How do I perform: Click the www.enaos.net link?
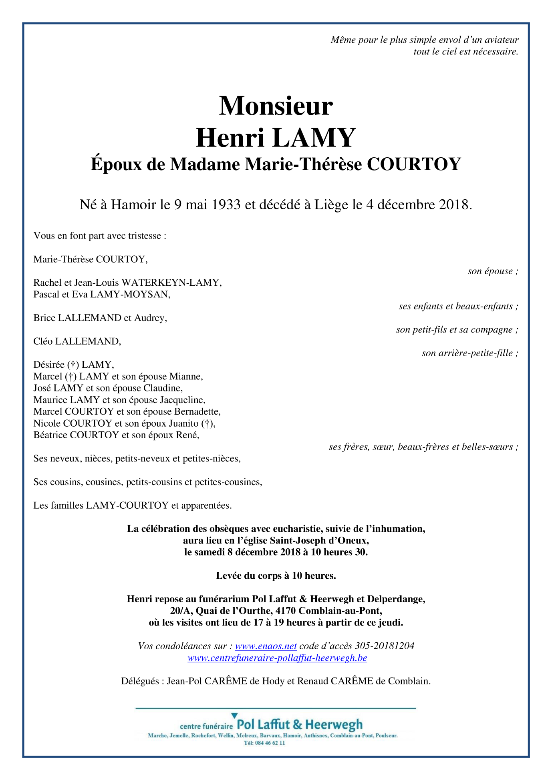tap(266, 646)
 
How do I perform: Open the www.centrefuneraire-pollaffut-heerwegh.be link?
tap(277, 658)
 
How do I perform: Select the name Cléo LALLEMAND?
tap(77, 341)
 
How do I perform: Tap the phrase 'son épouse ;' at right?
tap(493, 271)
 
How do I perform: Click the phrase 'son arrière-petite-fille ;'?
tap(470, 353)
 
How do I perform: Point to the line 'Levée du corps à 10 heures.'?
tap(276, 575)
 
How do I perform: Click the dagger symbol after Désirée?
tap(73, 365)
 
